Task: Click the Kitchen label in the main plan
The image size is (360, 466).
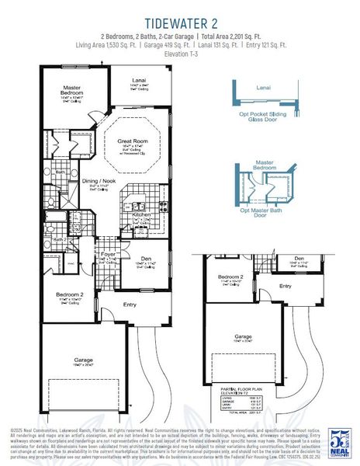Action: (142, 214)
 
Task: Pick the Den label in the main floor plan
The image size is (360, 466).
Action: (146, 260)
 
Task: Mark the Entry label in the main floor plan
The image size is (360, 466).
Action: (130, 304)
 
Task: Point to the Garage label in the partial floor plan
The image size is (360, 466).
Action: (244, 337)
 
